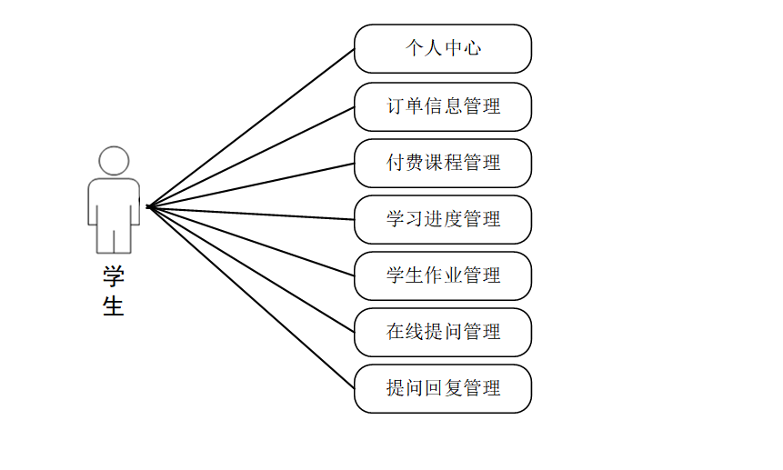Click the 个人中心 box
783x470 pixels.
[x=443, y=48]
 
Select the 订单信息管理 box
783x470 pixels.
[x=443, y=106]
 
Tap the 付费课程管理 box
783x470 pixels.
[x=443, y=163]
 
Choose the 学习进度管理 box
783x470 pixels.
[x=443, y=219]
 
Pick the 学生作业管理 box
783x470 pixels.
[x=443, y=275]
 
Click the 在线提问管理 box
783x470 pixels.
[x=443, y=332]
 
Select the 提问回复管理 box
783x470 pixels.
[x=443, y=388]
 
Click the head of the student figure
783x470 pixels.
[x=114, y=161]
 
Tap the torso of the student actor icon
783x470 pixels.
[x=114, y=200]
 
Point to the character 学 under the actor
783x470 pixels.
[x=114, y=276]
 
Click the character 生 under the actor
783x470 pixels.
[x=114, y=305]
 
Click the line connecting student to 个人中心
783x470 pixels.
[x=251, y=127]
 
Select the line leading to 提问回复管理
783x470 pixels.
[x=251, y=298]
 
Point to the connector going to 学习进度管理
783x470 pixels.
[x=251, y=213]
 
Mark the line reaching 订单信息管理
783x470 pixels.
[x=251, y=156]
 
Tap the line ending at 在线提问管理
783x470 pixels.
[x=251, y=270]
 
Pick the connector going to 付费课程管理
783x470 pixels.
[x=251, y=185]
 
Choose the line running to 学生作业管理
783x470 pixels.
[x=251, y=242]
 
